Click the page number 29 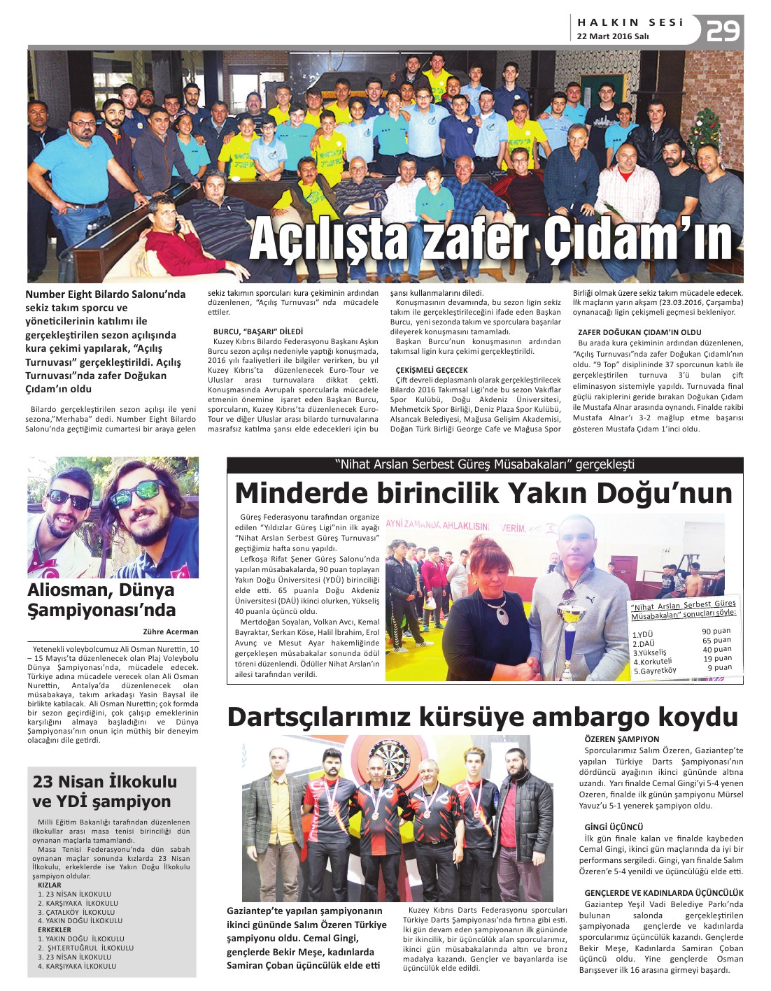click(723, 31)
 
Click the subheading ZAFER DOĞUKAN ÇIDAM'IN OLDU click(639, 332)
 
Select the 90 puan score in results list click(716, 632)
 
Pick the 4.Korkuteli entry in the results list click(653, 662)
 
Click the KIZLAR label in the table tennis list click(50, 885)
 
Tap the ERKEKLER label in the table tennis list click(55, 930)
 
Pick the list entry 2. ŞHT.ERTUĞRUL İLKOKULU click(85, 948)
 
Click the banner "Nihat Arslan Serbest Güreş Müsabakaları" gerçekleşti click(485, 464)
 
